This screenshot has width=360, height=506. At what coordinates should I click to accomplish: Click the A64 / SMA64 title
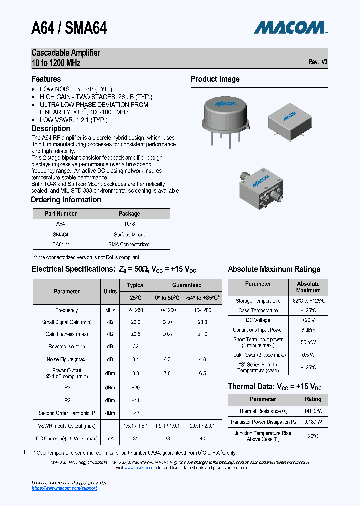coord(69,28)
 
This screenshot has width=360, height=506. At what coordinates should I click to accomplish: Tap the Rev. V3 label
coord(318,62)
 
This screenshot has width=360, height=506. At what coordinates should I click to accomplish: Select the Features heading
coord(46,79)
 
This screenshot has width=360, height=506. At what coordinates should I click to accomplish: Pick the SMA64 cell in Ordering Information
coord(60,234)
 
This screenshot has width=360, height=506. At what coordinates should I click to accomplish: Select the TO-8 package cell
coord(129,224)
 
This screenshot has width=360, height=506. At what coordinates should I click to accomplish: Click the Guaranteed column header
coord(187,285)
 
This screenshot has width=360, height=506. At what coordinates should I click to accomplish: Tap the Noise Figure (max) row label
coord(67,359)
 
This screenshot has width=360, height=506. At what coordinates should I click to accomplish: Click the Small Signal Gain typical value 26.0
coord(135,322)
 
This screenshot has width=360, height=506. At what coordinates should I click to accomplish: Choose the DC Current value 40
coord(202,438)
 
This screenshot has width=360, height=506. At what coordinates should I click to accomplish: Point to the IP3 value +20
coord(135,387)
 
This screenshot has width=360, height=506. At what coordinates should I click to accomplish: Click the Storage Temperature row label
coord(258,301)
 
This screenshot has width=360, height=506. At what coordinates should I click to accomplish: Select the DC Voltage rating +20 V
coord(308,320)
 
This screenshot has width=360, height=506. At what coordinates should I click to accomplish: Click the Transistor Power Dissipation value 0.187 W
coord(313,422)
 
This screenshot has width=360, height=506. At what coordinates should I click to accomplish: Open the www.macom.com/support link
coord(64,488)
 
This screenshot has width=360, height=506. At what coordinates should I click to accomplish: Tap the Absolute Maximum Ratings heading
coord(274,269)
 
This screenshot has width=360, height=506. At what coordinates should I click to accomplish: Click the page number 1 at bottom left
coord(24,452)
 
